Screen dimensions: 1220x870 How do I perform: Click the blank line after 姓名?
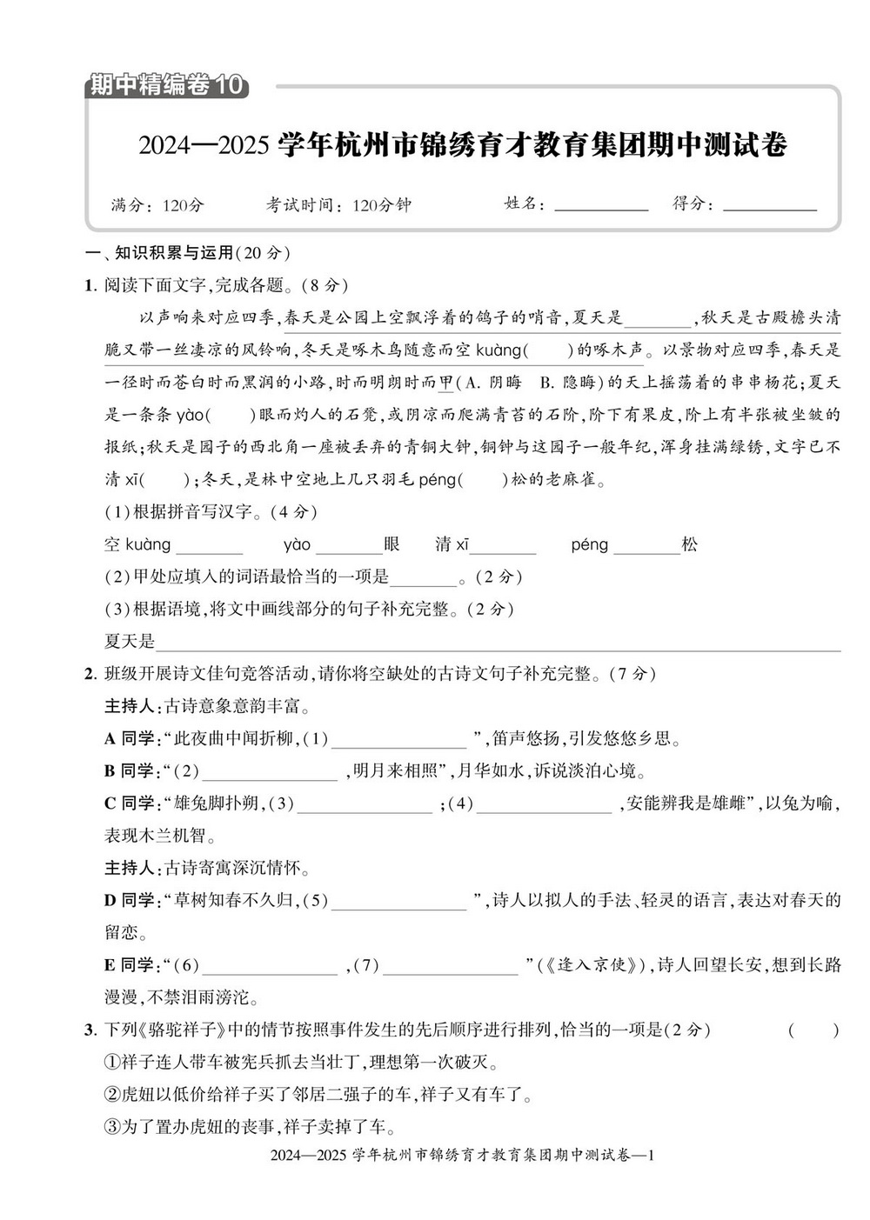pos(600,207)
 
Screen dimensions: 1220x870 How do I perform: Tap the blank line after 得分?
pos(769,207)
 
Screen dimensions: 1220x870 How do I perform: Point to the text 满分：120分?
pos(157,205)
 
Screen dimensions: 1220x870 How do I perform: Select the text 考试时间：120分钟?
pos(338,205)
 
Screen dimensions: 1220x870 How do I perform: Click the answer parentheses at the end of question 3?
pos(813,1031)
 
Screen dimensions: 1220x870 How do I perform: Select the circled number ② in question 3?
pos(111,1095)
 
